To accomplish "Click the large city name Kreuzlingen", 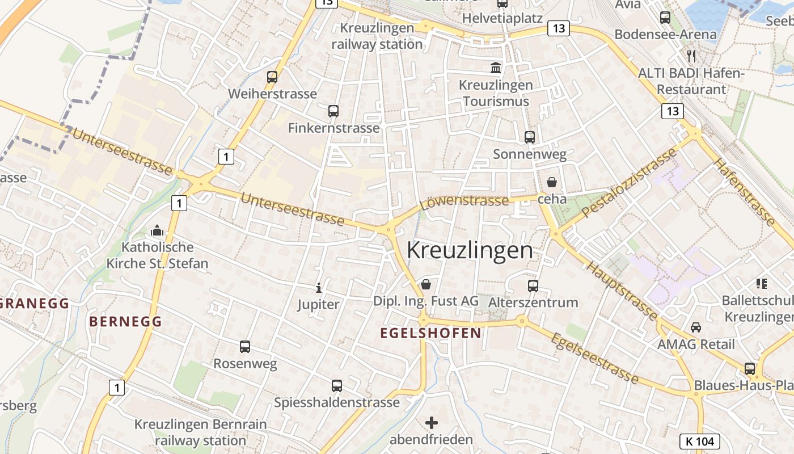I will (470, 250).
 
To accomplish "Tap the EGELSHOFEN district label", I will (430, 333).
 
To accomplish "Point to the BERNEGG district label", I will (125, 321).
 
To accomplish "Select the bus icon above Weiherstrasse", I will (272, 77).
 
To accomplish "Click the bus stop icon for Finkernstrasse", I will (333, 111).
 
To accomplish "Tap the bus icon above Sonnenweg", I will (530, 137).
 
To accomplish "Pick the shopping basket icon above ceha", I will (551, 182).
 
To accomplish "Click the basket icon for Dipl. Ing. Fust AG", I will (426, 284).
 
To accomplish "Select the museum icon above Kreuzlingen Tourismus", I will (496, 68).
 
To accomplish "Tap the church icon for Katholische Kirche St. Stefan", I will (157, 230).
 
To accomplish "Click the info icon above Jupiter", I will (319, 288).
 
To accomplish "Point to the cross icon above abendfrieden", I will (432, 423).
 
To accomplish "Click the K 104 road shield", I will (699, 441).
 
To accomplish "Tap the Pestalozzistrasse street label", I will (630, 182).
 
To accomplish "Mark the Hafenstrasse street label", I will (744, 192).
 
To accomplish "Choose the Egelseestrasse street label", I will (594, 358).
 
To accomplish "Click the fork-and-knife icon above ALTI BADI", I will (691, 56).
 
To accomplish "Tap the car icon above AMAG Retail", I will (695, 327).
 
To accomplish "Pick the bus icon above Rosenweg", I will (245, 346).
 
